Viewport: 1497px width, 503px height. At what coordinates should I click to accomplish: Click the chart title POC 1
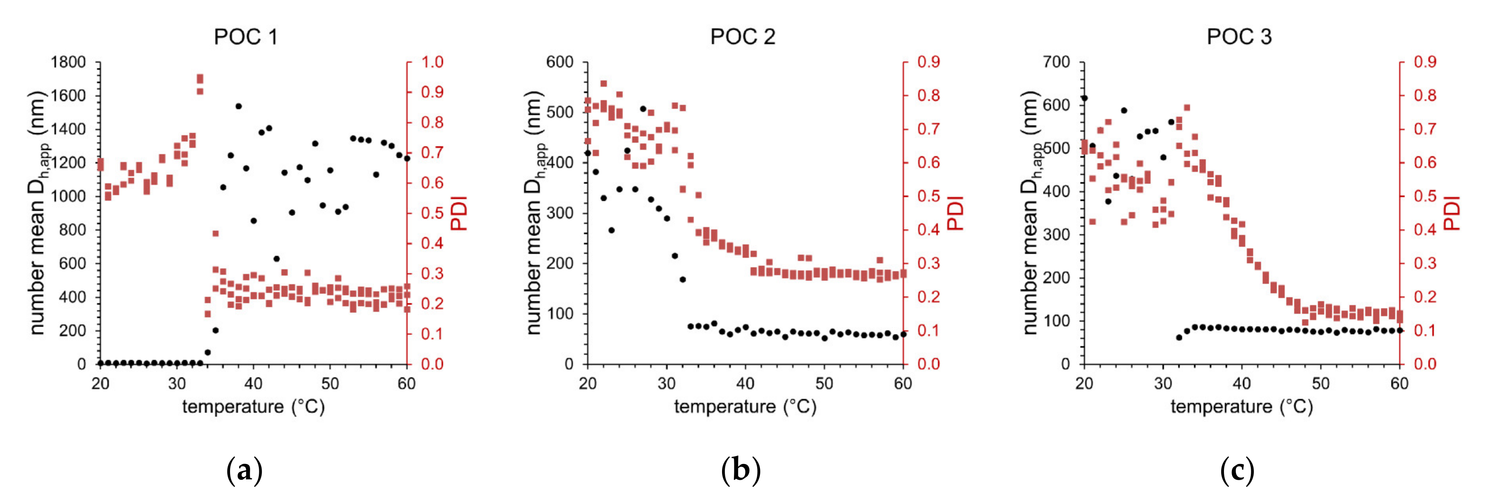[246, 37]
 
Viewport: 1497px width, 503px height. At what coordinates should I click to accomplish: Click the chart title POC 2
[742, 37]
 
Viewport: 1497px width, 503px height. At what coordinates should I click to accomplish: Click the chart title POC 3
[1239, 37]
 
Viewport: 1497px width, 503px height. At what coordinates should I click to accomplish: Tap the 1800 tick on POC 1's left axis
[68, 62]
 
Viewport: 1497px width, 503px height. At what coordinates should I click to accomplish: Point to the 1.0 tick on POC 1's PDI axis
[432, 62]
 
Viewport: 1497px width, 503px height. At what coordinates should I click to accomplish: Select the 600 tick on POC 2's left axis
[559, 62]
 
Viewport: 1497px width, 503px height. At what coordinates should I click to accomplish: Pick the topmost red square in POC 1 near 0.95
[200, 77]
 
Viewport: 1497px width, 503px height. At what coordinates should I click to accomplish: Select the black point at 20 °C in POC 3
[1084, 98]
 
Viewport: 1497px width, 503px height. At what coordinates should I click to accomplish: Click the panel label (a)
[244, 470]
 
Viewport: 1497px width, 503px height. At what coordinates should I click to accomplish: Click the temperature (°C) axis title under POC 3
[1241, 406]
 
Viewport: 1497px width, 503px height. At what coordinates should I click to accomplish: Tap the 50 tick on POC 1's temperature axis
[330, 384]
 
